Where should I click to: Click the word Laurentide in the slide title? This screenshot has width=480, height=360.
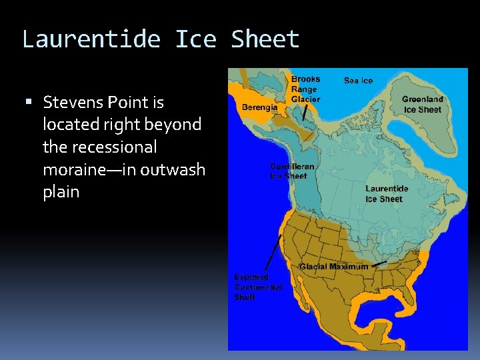[x=91, y=40]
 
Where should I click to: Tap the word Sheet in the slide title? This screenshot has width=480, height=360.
[x=265, y=40]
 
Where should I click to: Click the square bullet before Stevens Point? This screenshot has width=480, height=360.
[x=28, y=103]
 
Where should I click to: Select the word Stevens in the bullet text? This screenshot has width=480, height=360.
[x=71, y=103]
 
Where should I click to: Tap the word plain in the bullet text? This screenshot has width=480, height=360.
[x=61, y=192]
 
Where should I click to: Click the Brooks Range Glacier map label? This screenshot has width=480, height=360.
[x=305, y=89]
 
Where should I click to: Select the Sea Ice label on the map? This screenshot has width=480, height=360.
[x=358, y=81]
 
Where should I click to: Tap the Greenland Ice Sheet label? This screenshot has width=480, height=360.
[x=422, y=105]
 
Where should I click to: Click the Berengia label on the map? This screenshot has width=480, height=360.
[x=260, y=107]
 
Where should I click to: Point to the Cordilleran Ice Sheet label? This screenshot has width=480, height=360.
[x=292, y=171]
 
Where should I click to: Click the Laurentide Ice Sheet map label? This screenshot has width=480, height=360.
[x=387, y=194]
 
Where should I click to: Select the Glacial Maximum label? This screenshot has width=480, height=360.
[x=333, y=267]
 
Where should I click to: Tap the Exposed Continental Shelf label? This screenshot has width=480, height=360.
[x=257, y=287]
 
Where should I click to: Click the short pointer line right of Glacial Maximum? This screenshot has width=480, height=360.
[x=379, y=265]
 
